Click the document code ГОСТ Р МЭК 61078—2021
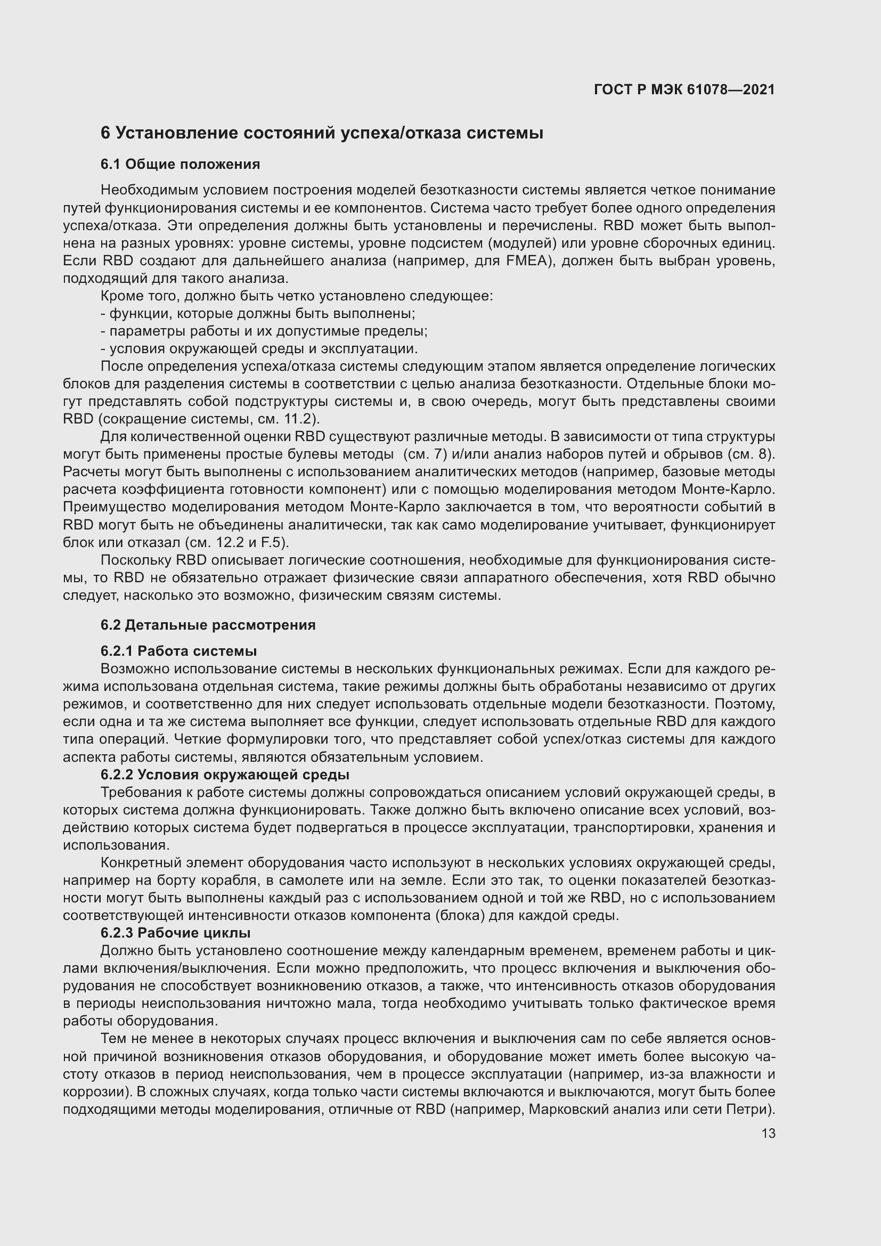[684, 89]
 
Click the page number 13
[768, 1133]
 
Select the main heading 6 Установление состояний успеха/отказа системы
[322, 133]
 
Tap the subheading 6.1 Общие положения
[180, 164]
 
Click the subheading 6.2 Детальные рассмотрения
[208, 625]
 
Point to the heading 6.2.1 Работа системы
[178, 650]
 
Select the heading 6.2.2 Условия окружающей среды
[225, 775]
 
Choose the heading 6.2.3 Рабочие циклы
[175, 933]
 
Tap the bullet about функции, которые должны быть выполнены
[258, 314]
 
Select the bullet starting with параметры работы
[264, 331]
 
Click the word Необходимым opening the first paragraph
[150, 190]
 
